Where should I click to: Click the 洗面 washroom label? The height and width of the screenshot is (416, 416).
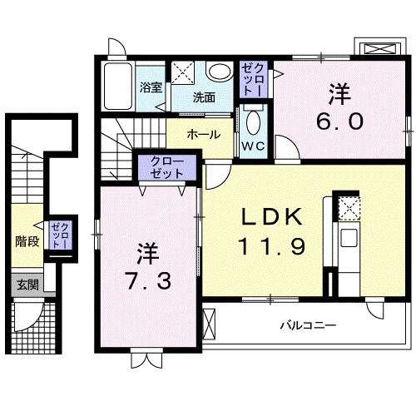tap(204, 97)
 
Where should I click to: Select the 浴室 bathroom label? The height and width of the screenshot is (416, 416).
tap(150, 86)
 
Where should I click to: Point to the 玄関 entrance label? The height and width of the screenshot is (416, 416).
tap(27, 285)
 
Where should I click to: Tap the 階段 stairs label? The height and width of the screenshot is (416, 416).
tap(27, 242)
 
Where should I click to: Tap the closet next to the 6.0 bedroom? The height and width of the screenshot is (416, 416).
tap(251, 79)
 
